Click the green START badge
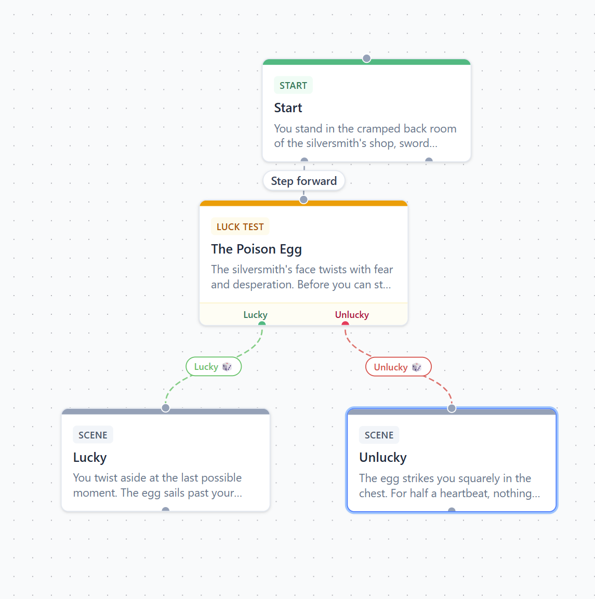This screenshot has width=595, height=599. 293,85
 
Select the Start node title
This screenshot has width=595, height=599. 288,108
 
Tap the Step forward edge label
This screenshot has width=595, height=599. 304,181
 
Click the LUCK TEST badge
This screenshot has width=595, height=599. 240,227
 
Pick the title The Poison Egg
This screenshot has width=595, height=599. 256,249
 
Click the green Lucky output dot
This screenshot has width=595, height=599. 262,324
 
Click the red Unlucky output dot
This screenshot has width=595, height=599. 345,324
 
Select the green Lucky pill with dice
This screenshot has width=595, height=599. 214,367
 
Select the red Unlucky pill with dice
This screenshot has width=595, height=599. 398,367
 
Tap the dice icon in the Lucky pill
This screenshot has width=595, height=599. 227,367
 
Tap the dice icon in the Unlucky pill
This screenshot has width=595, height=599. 417,367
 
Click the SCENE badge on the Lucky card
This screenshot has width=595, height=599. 93,435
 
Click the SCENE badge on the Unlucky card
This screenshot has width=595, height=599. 379,435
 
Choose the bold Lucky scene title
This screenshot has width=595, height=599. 90,458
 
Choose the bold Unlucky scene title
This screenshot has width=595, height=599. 383,458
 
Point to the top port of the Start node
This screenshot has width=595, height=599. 366,59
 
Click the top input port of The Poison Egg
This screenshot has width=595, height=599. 304,199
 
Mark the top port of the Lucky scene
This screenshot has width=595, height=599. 165,408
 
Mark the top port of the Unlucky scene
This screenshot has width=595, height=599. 452,408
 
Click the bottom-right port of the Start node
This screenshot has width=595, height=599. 429,160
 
